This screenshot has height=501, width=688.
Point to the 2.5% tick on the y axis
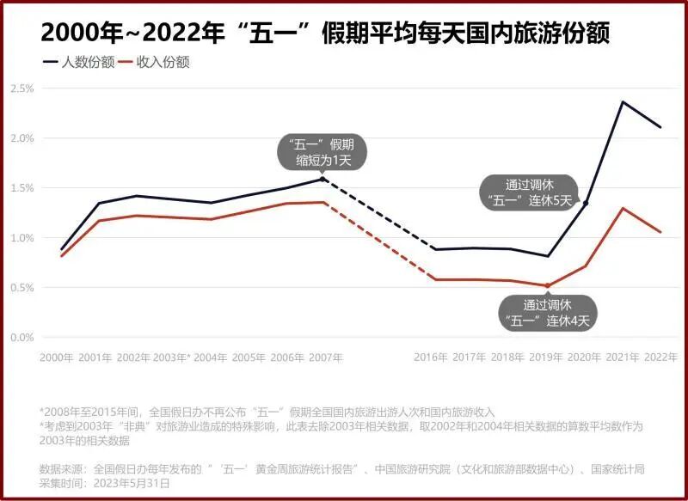[22, 89]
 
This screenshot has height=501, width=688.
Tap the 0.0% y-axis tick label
[22, 337]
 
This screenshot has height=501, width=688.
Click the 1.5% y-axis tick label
[22, 188]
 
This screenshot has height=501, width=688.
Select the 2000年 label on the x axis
[56, 357]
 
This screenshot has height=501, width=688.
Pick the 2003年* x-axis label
[172, 357]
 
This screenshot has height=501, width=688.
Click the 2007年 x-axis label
[326, 357]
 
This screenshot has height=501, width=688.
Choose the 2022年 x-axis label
[661, 357]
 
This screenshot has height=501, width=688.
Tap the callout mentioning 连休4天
[548, 313]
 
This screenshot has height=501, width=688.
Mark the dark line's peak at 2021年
[623, 101]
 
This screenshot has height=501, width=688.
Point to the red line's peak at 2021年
[623, 208]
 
